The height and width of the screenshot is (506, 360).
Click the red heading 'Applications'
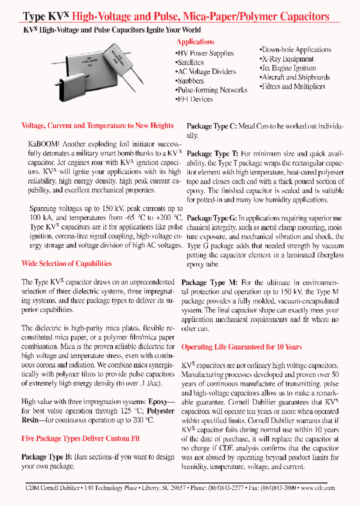(x=195, y=42)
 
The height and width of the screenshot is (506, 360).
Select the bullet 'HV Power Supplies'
(x=205, y=53)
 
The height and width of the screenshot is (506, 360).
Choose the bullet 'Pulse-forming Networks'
(x=211, y=90)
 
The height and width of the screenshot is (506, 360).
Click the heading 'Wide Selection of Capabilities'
(x=66, y=263)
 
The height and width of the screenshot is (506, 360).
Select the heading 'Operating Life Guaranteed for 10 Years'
(x=241, y=347)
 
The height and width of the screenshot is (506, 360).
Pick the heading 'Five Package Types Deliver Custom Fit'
(x=80, y=438)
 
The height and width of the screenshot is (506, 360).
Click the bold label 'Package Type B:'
(x=47, y=457)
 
